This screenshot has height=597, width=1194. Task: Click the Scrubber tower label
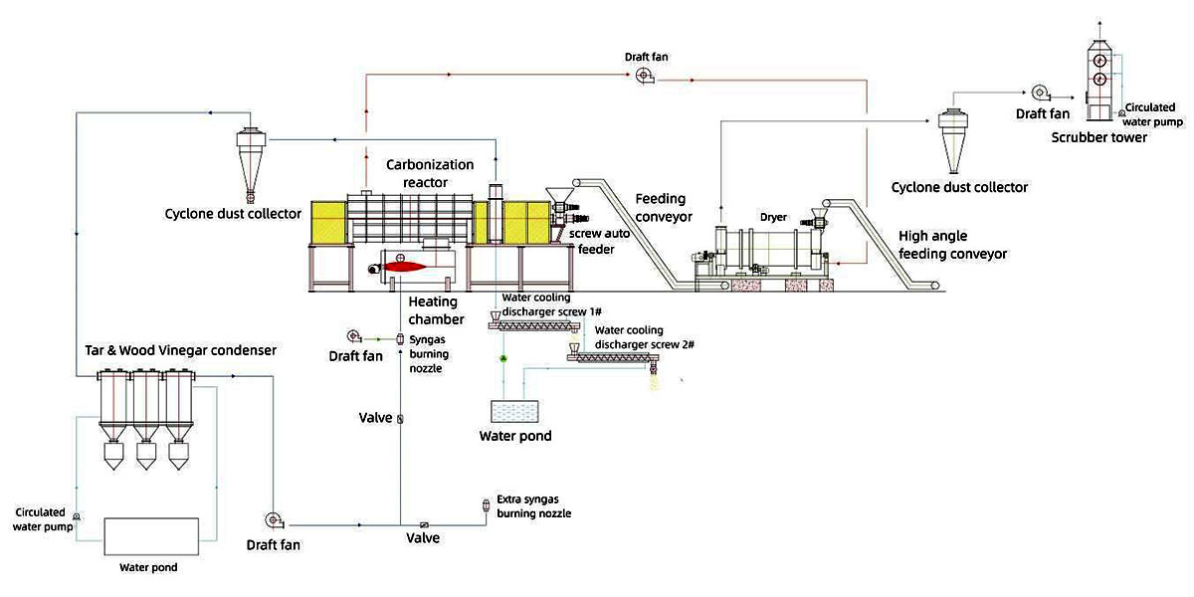(1098, 137)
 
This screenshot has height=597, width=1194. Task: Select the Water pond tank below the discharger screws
(515, 413)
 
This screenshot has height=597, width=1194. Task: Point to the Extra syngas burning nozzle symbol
(486, 507)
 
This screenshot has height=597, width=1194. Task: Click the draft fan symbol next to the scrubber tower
(1041, 94)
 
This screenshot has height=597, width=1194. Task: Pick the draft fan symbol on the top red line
(644, 78)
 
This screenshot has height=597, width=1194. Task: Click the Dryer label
(772, 217)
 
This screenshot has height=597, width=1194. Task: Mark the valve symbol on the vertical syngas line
(400, 419)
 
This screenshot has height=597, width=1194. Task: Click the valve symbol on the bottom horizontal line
(423, 524)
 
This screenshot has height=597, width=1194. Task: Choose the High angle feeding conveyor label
(952, 245)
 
